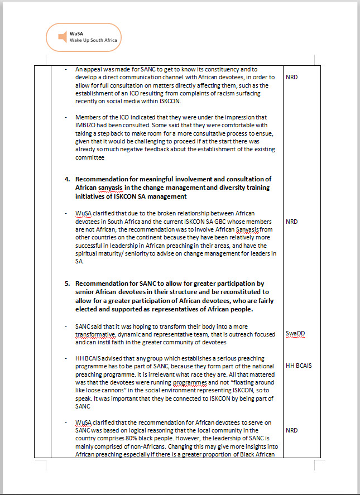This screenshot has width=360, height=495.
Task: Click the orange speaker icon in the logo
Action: click(61, 37)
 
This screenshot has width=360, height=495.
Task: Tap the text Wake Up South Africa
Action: click(93, 41)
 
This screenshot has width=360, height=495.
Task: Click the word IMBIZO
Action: click(87, 126)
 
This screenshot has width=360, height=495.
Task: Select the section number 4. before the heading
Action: click(68, 179)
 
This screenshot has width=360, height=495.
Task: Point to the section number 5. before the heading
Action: click(68, 283)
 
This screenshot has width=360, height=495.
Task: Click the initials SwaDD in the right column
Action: click(295, 334)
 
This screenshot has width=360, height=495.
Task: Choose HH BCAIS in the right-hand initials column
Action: click(299, 366)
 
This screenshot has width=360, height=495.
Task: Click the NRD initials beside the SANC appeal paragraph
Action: click(291, 77)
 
